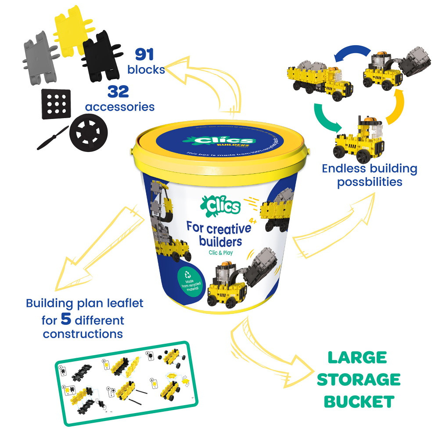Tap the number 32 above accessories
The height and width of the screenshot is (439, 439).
[x=117, y=92]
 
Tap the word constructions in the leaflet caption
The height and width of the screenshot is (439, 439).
[x=83, y=334]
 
